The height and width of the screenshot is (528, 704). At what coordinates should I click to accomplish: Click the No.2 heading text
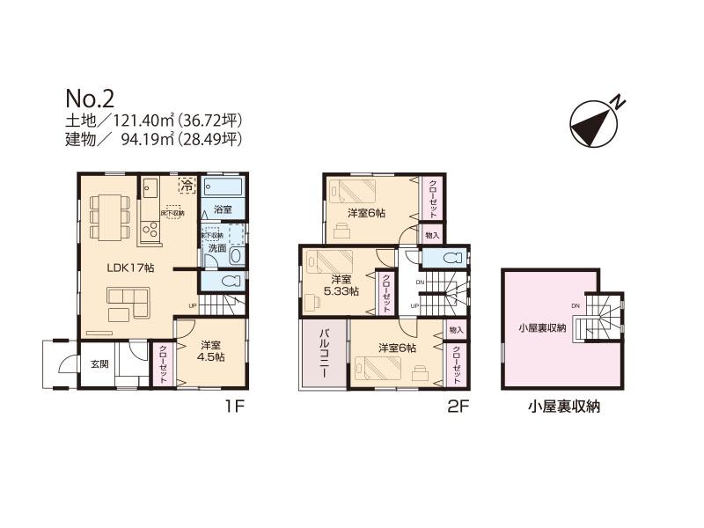(x=89, y=97)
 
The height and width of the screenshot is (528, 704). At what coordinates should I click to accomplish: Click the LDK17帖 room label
(x=130, y=268)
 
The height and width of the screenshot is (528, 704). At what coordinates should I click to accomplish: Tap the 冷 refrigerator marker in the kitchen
(x=187, y=185)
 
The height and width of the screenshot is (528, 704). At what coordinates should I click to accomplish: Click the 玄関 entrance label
(x=99, y=364)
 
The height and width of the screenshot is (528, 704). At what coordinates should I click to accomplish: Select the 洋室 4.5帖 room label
(x=210, y=351)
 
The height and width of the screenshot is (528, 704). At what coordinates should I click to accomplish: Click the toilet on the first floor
(x=228, y=282)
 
